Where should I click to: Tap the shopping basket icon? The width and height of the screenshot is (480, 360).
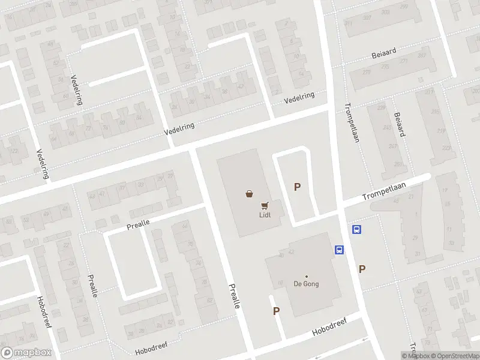click(249, 193)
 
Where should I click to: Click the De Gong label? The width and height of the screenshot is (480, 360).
click(306, 284)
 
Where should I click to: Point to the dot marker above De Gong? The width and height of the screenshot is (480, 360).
click(306, 276)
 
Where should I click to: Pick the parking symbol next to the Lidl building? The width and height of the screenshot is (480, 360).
click(297, 187)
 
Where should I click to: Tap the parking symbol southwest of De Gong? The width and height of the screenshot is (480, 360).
click(277, 311)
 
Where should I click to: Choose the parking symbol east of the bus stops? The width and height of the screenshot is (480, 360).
click(362, 269)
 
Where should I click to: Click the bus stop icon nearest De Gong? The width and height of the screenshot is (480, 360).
click(338, 250)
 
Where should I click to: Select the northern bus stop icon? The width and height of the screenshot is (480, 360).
click(357, 229)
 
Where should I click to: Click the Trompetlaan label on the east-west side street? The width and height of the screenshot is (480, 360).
click(384, 193)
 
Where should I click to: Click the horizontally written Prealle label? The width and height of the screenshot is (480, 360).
click(138, 225)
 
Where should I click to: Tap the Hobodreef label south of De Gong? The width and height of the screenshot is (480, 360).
click(329, 328)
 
